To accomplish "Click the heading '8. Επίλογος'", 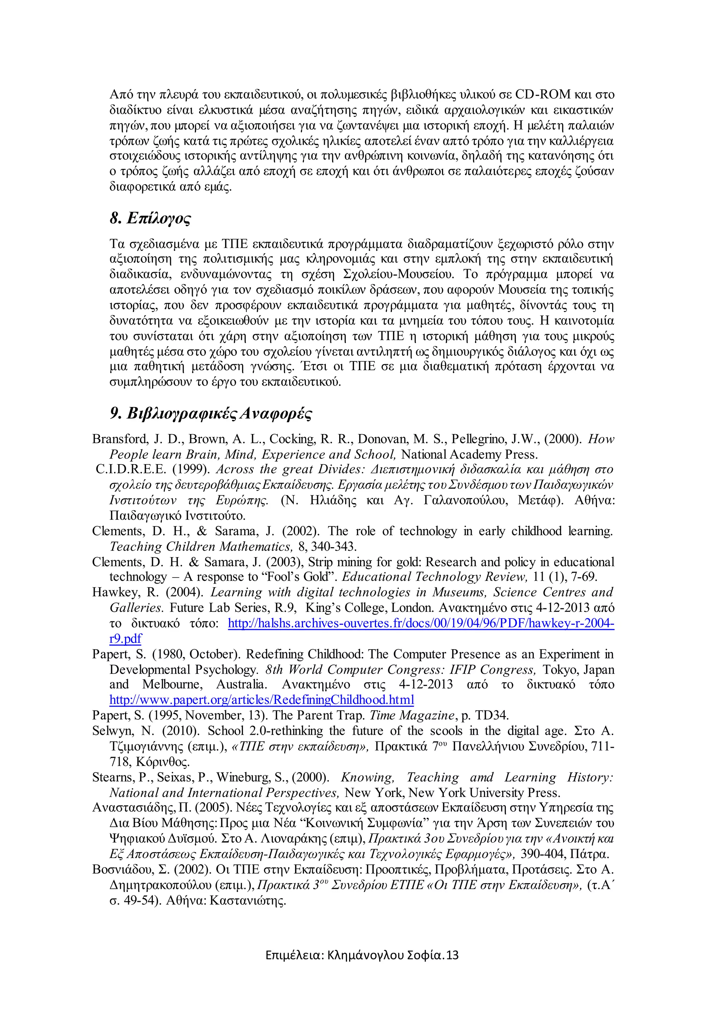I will (150, 218).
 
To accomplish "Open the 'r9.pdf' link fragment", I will (126, 638).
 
